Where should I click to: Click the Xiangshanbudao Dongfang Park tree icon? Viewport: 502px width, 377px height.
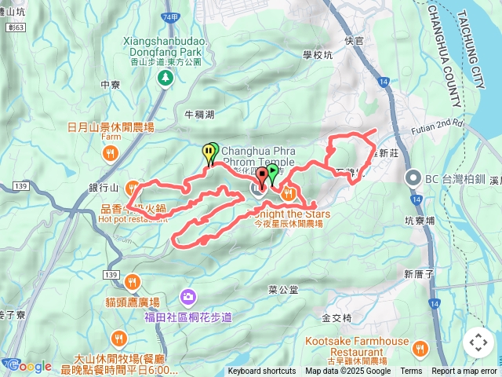[x=165, y=77]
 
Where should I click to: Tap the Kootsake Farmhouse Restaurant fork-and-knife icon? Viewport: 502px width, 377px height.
[x=421, y=348]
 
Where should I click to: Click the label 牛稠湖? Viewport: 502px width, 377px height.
[x=198, y=115]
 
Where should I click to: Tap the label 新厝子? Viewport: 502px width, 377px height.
[x=418, y=274]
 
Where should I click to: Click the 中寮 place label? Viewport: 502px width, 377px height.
[x=110, y=85]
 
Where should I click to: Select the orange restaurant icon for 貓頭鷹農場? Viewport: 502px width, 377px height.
[x=132, y=280]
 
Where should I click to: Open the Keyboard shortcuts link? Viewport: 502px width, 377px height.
[x=262, y=372]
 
